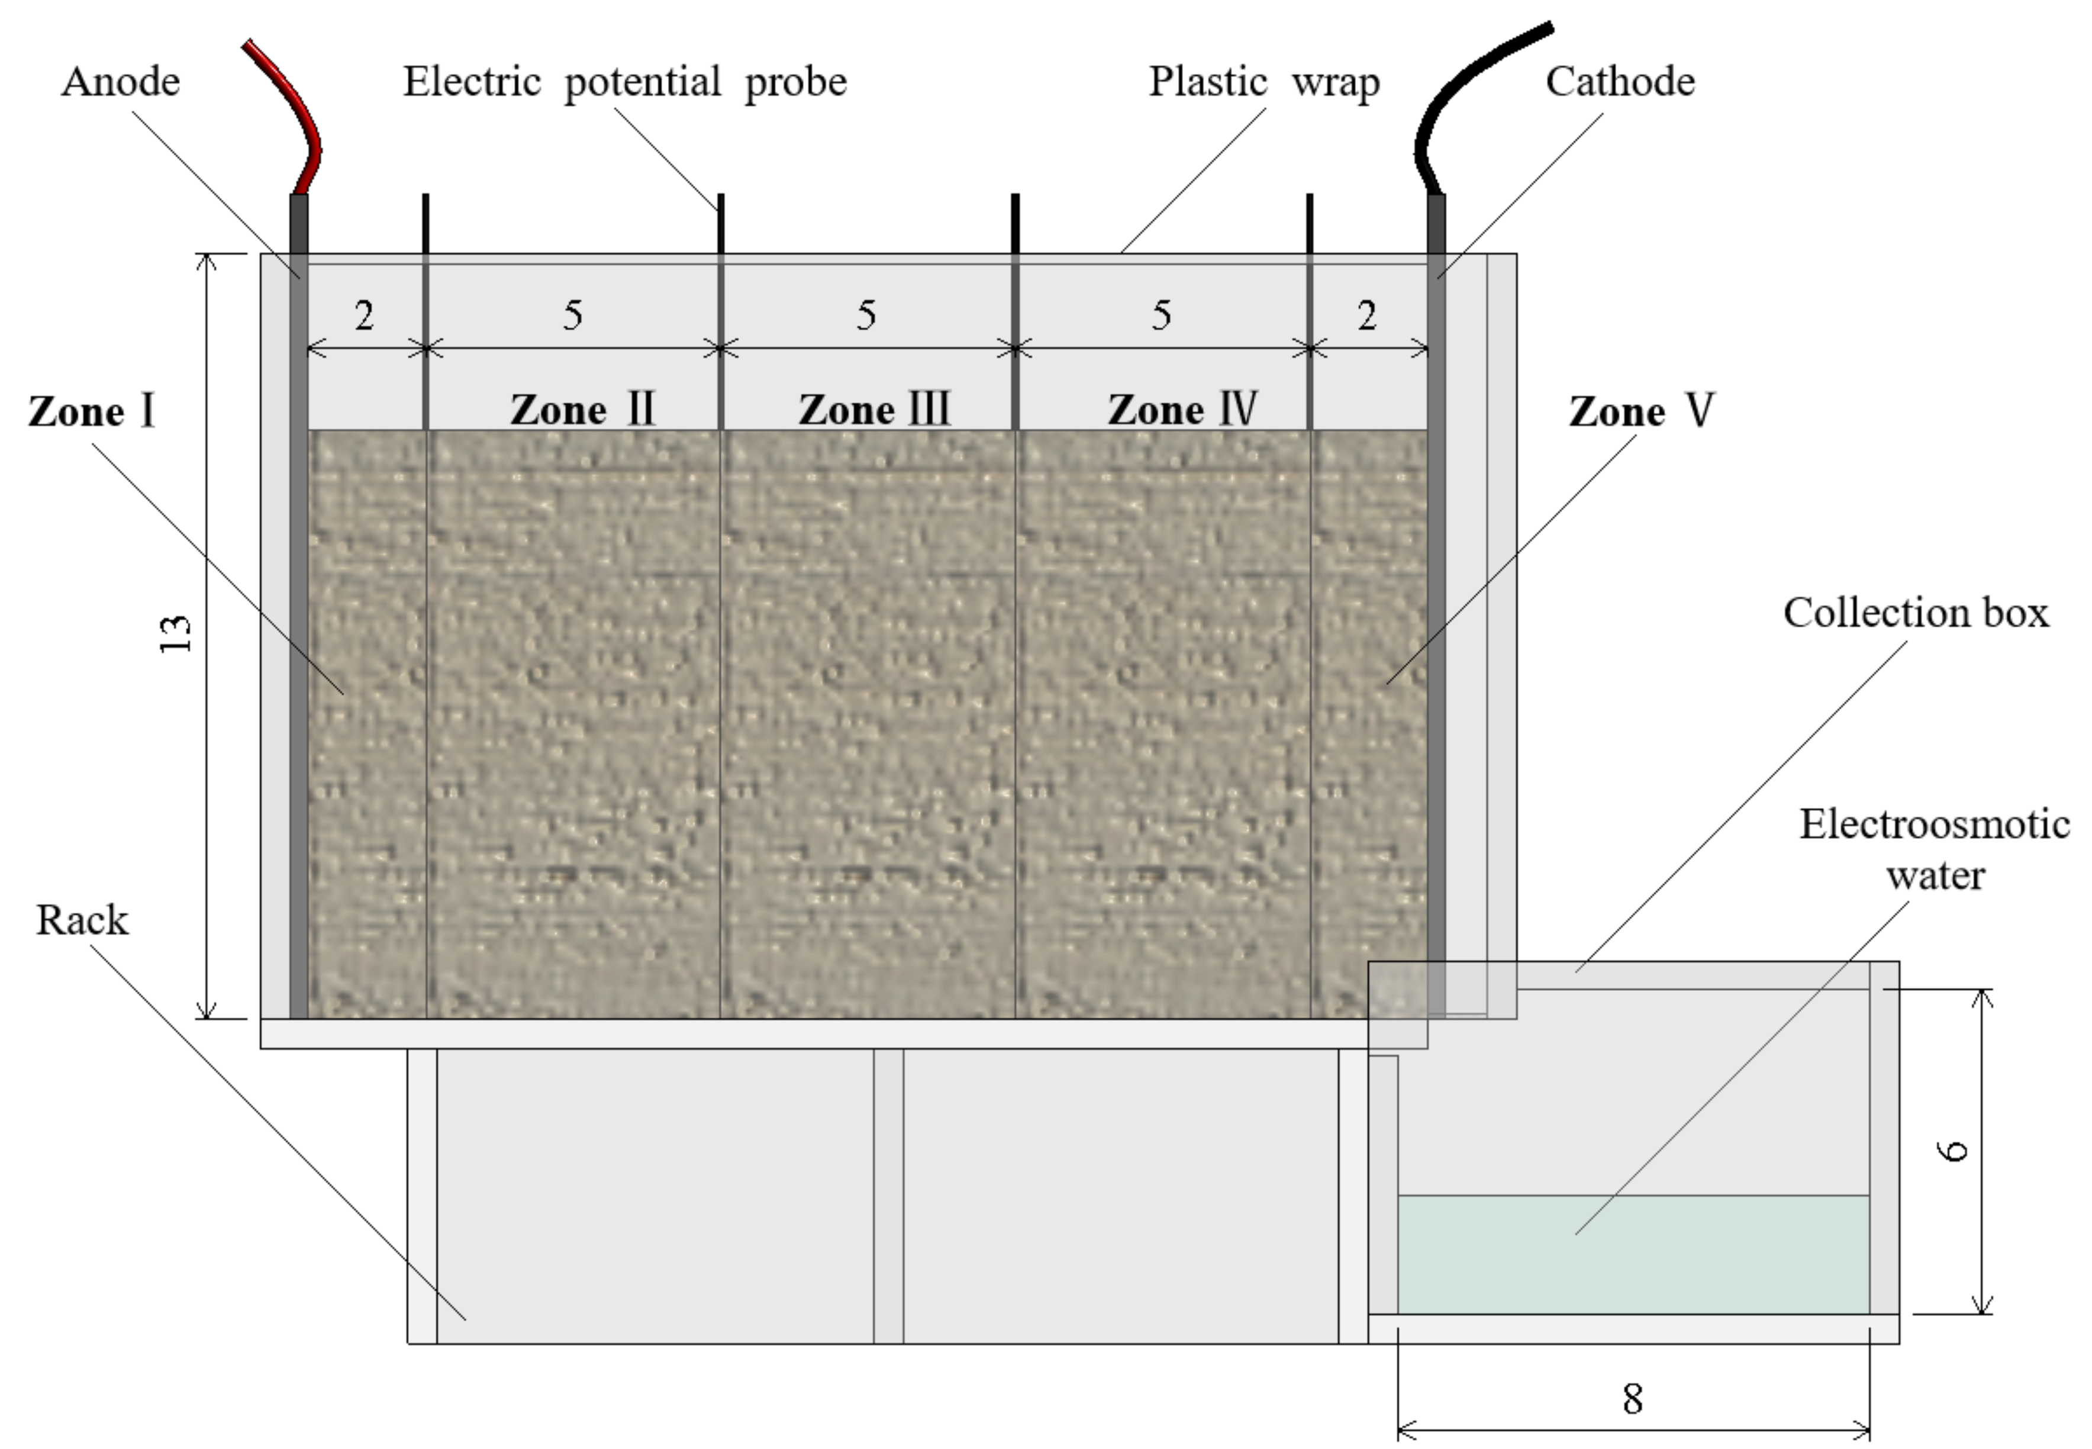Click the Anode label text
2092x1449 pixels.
tap(121, 82)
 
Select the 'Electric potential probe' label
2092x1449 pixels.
tap(624, 82)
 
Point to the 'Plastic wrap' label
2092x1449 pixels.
tap(1263, 82)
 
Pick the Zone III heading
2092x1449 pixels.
tap(874, 410)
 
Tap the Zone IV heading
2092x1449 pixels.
tap(1182, 410)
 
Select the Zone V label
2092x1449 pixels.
tap(1641, 411)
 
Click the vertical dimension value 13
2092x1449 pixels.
tap(176, 634)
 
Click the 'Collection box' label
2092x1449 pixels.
tap(1915, 613)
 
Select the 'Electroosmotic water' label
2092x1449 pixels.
tap(1934, 849)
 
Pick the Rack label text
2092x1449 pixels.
tap(82, 920)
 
